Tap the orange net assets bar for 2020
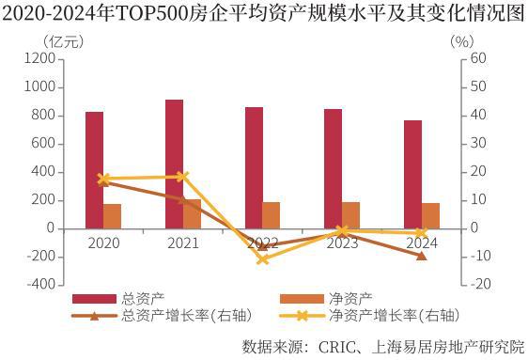coord(113,216)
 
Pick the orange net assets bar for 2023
coord(351,215)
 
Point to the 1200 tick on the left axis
coord(38,58)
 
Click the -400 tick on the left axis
coord(38,285)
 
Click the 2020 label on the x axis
coord(103,243)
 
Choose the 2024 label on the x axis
coord(422,243)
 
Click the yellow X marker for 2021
coord(182,176)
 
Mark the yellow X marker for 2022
coord(262,258)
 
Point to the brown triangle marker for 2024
coord(422,255)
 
